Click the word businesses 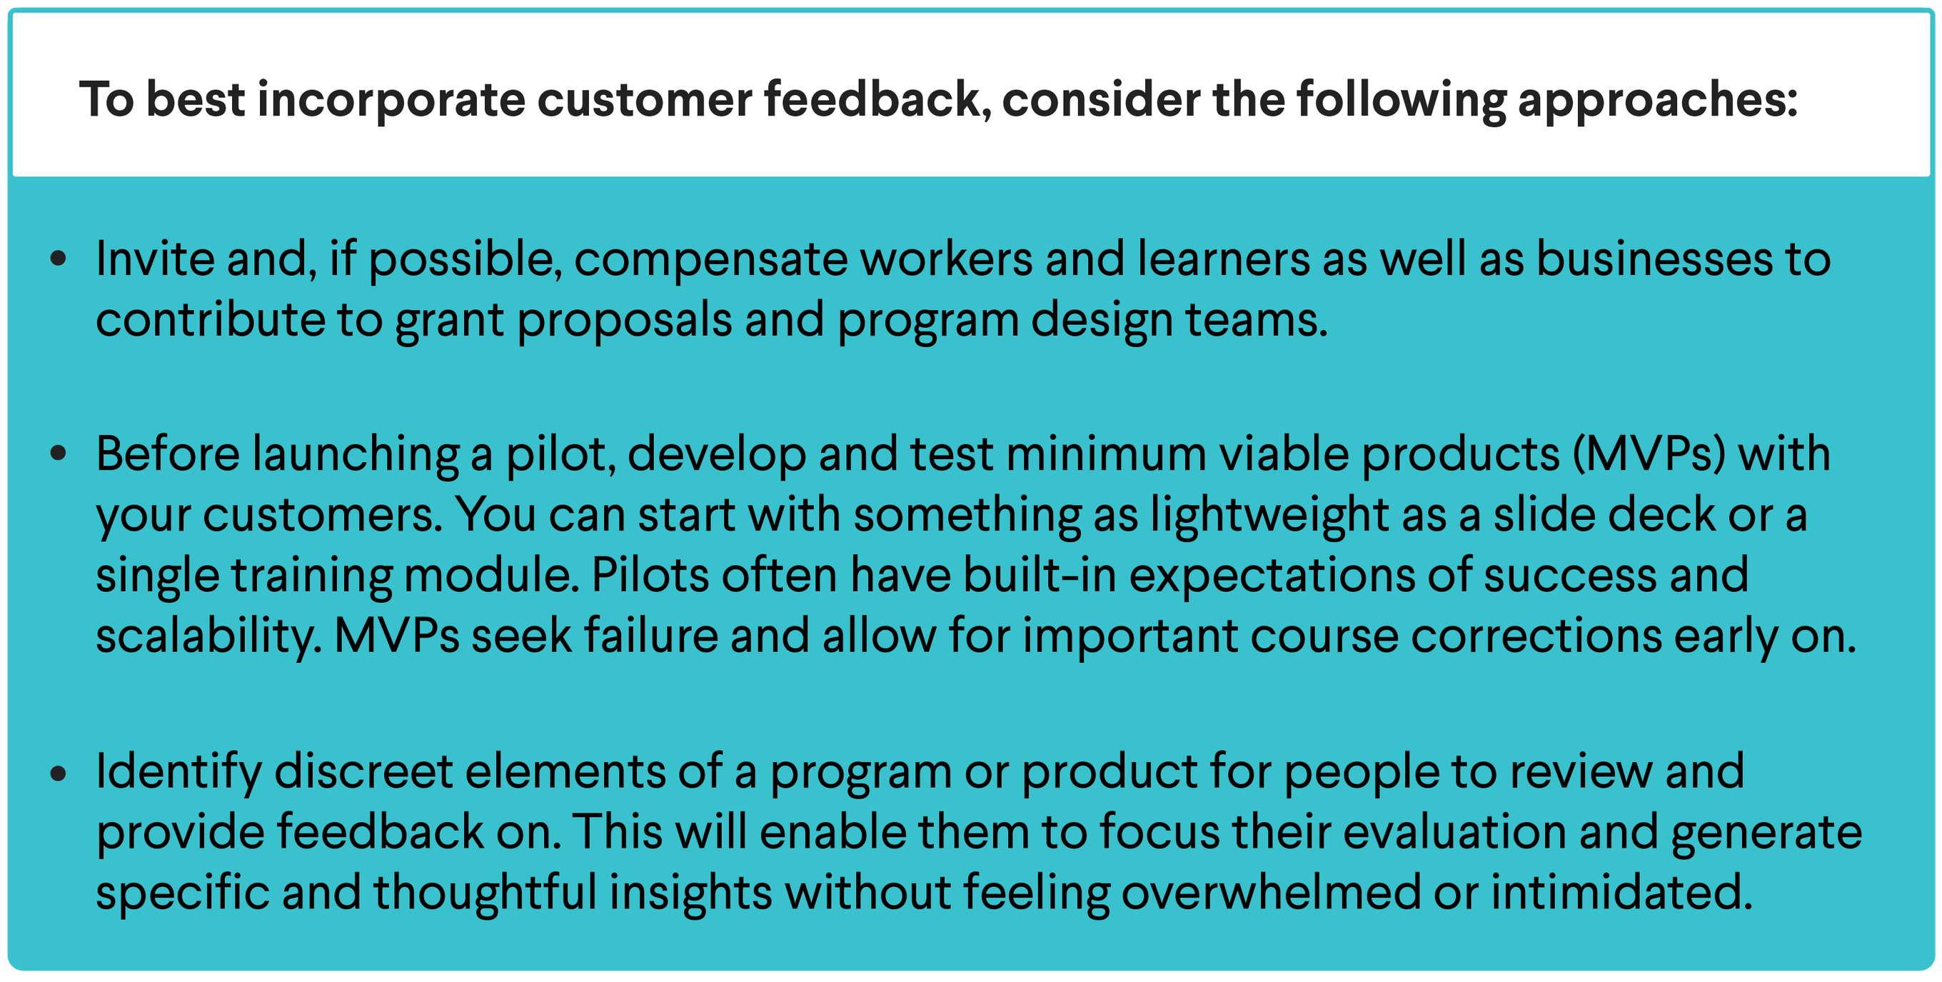(1654, 259)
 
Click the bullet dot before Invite (58, 259)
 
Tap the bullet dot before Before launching (58, 454)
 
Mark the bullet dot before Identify (58, 772)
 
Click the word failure (650, 635)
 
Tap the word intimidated (1621, 893)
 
